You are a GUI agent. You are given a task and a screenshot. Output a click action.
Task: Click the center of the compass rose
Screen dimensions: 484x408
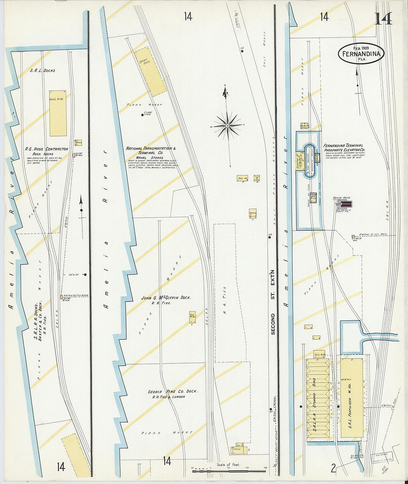pyautogui.click(x=227, y=126)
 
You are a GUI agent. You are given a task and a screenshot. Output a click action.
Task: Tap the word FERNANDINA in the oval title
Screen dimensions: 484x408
pyautogui.click(x=361, y=54)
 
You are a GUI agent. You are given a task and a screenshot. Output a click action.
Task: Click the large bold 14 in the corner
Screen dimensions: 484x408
pyautogui.click(x=383, y=19)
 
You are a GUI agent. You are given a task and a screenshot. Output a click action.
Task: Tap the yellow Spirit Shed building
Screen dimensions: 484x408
pyautogui.click(x=151, y=72)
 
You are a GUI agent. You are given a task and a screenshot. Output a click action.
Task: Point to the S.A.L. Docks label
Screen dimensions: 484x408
pyautogui.click(x=42, y=70)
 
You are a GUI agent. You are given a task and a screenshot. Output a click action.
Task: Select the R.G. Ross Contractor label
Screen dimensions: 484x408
pyautogui.click(x=46, y=149)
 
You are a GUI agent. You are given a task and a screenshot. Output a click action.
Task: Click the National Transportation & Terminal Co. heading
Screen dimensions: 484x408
pyautogui.click(x=151, y=150)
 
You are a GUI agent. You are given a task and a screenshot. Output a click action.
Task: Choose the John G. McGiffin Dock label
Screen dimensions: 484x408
pyautogui.click(x=166, y=298)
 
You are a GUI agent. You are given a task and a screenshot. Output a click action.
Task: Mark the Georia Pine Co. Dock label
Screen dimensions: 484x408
pyautogui.click(x=172, y=392)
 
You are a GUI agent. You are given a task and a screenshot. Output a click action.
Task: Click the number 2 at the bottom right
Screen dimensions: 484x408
pyautogui.click(x=333, y=468)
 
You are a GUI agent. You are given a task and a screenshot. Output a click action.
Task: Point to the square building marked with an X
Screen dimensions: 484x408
pyautogui.click(x=256, y=178)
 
